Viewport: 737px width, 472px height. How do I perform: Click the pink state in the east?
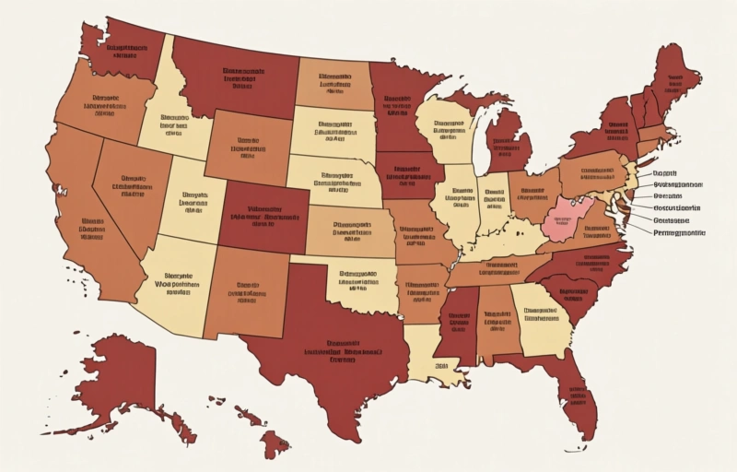click(564, 219)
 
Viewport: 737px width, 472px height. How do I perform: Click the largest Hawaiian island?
click(274, 446)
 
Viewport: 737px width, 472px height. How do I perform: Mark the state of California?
click(88, 230)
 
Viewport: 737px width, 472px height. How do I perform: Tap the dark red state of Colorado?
click(263, 217)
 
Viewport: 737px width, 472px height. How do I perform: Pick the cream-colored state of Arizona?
click(175, 286)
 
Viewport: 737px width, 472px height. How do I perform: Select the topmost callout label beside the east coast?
click(666, 172)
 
